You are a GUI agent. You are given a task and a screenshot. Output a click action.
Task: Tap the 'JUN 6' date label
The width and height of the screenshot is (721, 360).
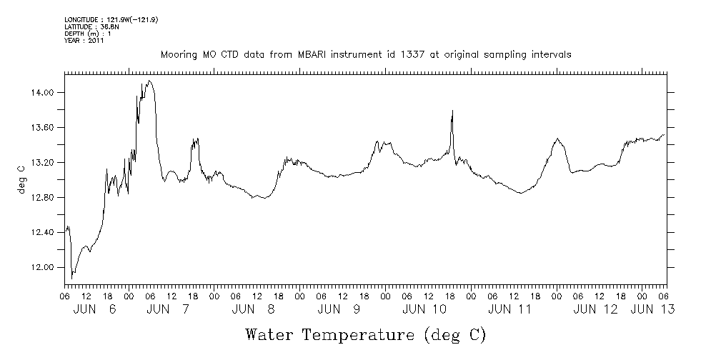[94, 309]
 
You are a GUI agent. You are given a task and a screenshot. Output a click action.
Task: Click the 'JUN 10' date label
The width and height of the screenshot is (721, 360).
[424, 309]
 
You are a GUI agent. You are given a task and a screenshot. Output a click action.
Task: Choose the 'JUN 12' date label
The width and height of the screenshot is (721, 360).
[595, 309]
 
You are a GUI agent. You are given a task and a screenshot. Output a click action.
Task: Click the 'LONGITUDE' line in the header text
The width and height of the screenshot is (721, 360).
[111, 19]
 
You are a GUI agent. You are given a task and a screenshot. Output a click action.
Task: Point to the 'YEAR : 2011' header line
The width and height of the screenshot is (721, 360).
[84, 41]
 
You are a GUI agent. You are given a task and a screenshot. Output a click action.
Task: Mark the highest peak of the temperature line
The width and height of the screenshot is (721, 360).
[149, 81]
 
